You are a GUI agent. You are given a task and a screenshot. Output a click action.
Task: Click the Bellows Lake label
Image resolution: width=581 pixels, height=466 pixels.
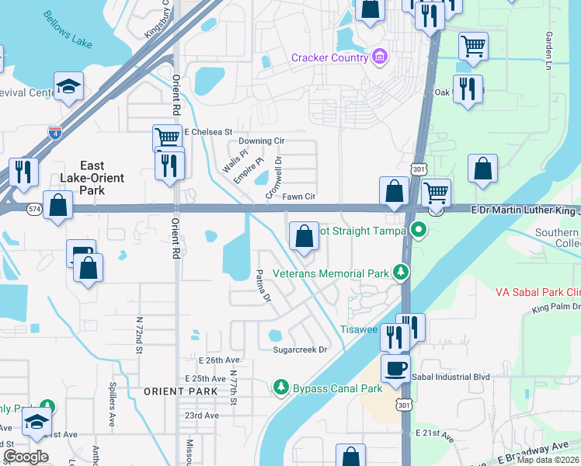(68, 29)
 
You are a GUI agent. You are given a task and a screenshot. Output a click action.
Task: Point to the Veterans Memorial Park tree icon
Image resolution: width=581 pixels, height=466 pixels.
(401, 272)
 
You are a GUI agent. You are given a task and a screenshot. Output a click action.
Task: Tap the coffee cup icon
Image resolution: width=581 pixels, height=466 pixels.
(395, 368)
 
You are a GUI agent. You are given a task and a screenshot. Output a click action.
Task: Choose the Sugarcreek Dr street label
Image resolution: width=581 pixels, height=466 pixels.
(301, 349)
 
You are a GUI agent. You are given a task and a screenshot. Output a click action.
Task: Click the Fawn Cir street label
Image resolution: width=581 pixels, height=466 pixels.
(298, 197)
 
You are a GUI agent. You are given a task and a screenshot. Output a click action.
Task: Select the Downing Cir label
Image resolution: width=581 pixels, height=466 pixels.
(261, 141)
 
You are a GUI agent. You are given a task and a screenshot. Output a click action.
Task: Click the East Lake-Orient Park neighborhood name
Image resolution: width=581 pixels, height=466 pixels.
(92, 178)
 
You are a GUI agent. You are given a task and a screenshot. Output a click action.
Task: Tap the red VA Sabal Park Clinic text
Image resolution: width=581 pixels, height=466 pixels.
(538, 292)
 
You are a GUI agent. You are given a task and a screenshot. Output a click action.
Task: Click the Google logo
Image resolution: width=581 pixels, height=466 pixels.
(26, 457)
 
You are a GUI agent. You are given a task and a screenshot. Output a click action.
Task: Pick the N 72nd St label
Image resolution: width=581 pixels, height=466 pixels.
(139, 335)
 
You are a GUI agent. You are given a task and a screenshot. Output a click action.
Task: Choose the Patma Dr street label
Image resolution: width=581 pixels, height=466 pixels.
(263, 286)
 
